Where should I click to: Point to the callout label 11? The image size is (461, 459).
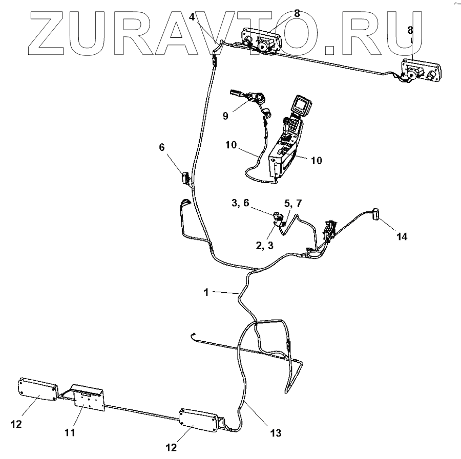[70, 432]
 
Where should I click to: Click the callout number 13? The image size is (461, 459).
[276, 433]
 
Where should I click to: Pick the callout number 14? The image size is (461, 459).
[402, 237]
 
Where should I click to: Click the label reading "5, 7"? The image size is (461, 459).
[292, 204]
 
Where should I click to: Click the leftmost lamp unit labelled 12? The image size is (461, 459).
[38, 390]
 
